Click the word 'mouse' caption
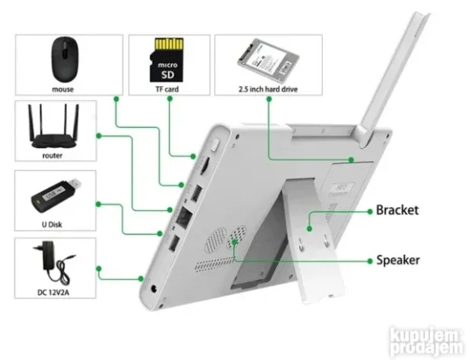pyautogui.click(x=64, y=89)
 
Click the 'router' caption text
pyautogui.click(x=53, y=156)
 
